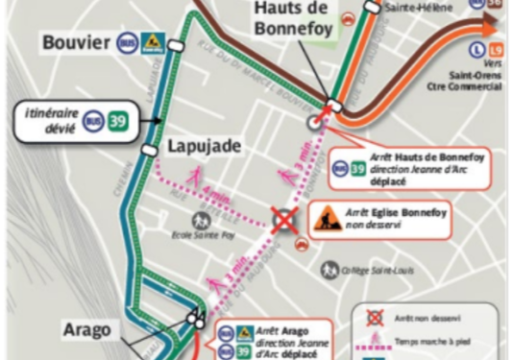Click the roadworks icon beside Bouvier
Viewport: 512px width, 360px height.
click(152, 43)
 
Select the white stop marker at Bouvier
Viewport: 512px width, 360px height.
click(176, 45)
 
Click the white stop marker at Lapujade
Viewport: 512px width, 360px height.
click(148, 150)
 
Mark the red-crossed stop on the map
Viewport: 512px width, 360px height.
click(283, 220)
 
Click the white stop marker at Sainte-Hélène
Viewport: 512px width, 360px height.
click(371, 8)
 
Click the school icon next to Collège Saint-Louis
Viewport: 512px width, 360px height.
click(329, 271)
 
